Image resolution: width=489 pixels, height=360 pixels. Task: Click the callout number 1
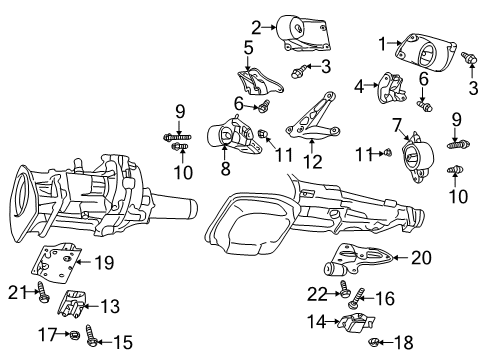pyautogui.click(x=382, y=43)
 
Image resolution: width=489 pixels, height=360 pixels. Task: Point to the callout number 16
pyautogui.click(x=385, y=297)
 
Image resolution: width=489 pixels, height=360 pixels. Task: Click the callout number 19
pyautogui.click(x=103, y=264)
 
